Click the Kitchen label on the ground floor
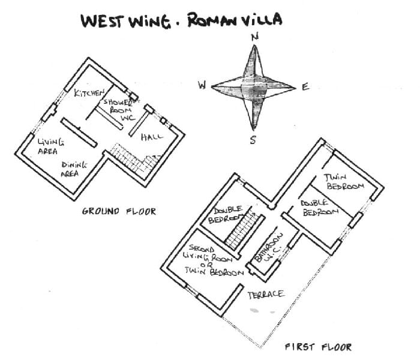tap(89, 93)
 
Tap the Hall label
tap(152, 137)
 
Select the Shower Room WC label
tap(119, 109)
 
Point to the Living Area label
tap(50, 146)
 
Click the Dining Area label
tap(73, 169)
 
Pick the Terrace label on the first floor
tap(265, 295)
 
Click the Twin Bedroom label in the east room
tap(344, 182)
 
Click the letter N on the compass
tap(255, 37)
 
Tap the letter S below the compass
tap(253, 140)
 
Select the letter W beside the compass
tap(202, 85)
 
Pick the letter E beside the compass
tap(305, 87)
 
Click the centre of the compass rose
tap(253, 88)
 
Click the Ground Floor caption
tap(119, 211)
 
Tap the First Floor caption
tap(318, 347)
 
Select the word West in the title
tap(103, 21)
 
